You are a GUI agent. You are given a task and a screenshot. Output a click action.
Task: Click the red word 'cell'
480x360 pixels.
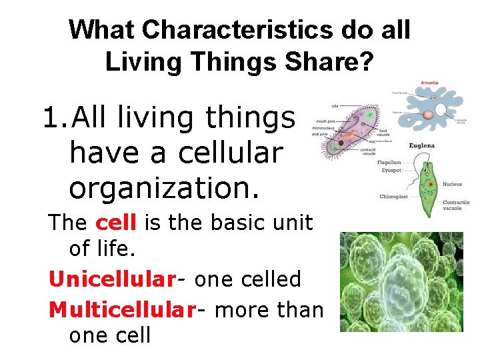(x=118, y=222)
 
